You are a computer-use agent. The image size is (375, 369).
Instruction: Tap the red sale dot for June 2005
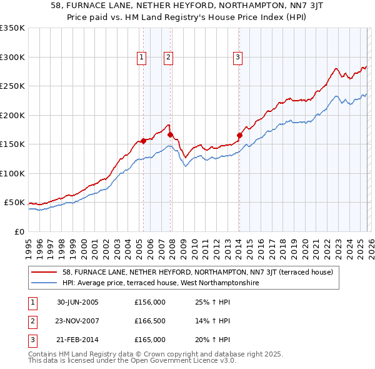point(144,141)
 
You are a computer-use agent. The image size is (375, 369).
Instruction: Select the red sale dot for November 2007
point(170,134)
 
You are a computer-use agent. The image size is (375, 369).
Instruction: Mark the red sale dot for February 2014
point(239,135)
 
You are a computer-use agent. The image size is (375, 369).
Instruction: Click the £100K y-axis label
point(12,173)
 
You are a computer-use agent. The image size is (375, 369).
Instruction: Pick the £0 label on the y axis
point(19,231)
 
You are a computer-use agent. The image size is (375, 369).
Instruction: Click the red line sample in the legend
point(45,272)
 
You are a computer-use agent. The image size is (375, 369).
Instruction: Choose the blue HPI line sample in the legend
point(45,283)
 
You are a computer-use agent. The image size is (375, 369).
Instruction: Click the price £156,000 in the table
point(150,302)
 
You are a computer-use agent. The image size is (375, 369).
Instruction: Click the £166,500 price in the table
point(150,321)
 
